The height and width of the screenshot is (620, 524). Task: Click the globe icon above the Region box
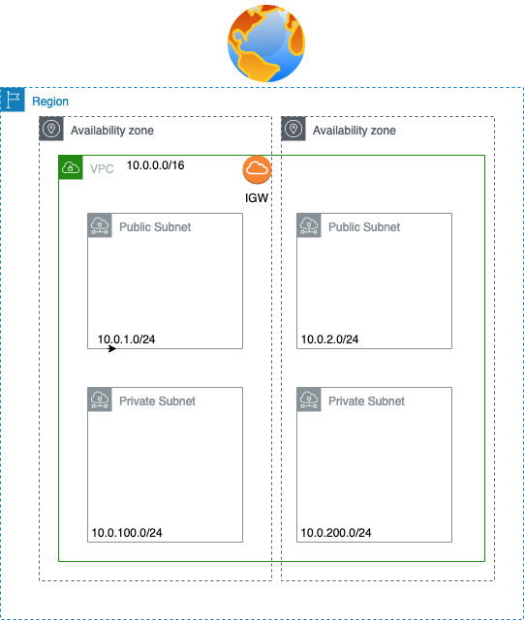click(x=266, y=44)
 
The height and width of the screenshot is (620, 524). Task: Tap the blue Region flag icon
click(x=13, y=100)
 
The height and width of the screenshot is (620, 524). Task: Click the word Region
click(x=50, y=102)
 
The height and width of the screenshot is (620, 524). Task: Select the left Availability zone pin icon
click(x=51, y=129)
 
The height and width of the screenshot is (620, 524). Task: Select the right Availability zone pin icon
click(x=293, y=129)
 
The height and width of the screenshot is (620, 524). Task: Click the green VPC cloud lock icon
click(x=71, y=167)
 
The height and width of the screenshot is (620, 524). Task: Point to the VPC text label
click(x=102, y=169)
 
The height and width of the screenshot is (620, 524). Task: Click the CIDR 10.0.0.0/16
click(x=156, y=165)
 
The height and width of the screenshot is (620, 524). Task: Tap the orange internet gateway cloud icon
click(x=257, y=169)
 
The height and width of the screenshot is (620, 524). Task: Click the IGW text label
click(x=257, y=197)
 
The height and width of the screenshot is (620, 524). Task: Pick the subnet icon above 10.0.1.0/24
click(x=100, y=225)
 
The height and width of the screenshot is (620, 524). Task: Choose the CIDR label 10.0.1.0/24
click(x=126, y=340)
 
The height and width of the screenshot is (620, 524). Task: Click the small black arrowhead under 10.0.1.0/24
click(x=112, y=349)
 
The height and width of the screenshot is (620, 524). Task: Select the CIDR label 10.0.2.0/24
click(x=329, y=340)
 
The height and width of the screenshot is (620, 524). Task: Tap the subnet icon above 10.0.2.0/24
click(x=309, y=225)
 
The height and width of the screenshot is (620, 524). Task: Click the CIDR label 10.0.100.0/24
click(x=127, y=533)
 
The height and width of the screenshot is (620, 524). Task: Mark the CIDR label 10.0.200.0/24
click(x=336, y=533)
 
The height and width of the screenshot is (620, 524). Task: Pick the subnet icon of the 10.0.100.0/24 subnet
click(x=100, y=399)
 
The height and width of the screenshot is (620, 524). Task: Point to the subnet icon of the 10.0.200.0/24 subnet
click(x=309, y=399)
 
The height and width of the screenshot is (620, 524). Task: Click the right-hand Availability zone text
click(x=354, y=131)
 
